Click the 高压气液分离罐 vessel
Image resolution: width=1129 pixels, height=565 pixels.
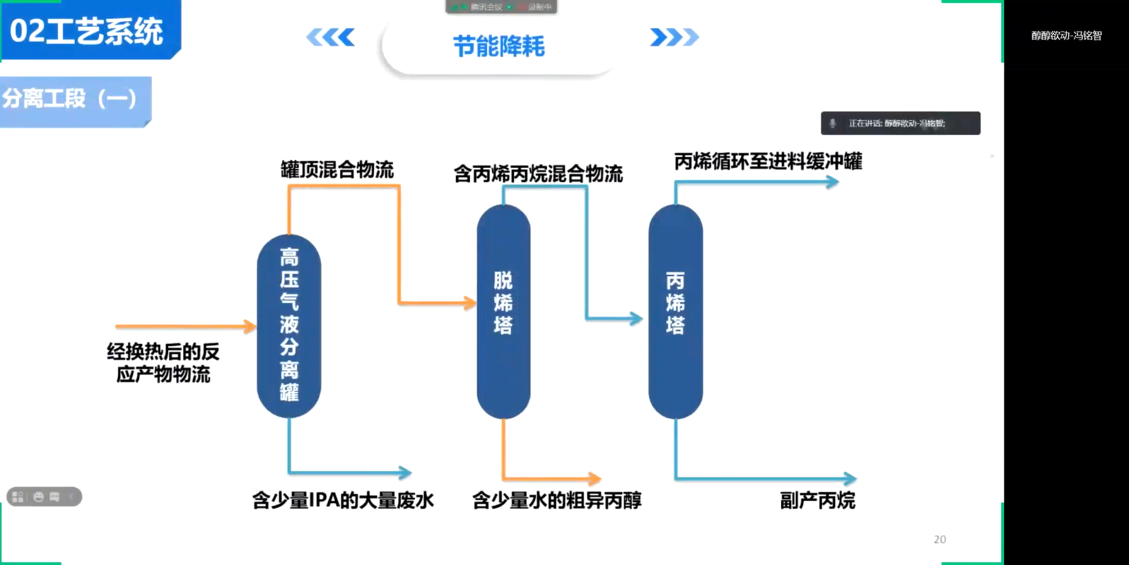(288, 326)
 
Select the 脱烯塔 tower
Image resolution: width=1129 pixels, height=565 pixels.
(503, 311)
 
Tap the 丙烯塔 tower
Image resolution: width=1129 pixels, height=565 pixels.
(675, 311)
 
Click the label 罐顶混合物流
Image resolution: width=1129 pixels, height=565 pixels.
(337, 170)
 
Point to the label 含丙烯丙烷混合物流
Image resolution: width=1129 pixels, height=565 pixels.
(538, 174)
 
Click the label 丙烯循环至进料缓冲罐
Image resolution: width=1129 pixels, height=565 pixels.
(768, 162)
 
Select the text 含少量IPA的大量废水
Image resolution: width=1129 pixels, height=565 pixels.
(343, 500)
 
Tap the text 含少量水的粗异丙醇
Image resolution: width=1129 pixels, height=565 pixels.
(556, 500)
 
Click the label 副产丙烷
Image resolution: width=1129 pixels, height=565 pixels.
(817, 500)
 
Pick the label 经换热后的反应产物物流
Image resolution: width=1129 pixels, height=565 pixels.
(163, 363)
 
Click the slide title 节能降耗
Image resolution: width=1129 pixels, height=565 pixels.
(498, 47)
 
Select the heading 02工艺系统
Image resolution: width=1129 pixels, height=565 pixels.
(86, 31)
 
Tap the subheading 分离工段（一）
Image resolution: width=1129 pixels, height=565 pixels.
(69, 98)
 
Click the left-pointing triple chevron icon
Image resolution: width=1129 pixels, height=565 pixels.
(330, 37)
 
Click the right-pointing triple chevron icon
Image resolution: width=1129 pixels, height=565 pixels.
(674, 37)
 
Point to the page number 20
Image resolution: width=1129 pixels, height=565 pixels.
(940, 540)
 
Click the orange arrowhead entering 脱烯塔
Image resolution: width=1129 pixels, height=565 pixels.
(470, 304)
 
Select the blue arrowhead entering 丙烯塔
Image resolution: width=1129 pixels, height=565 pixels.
(636, 319)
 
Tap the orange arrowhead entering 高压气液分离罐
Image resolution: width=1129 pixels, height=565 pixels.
(250, 326)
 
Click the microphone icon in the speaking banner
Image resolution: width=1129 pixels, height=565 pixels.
(833, 124)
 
